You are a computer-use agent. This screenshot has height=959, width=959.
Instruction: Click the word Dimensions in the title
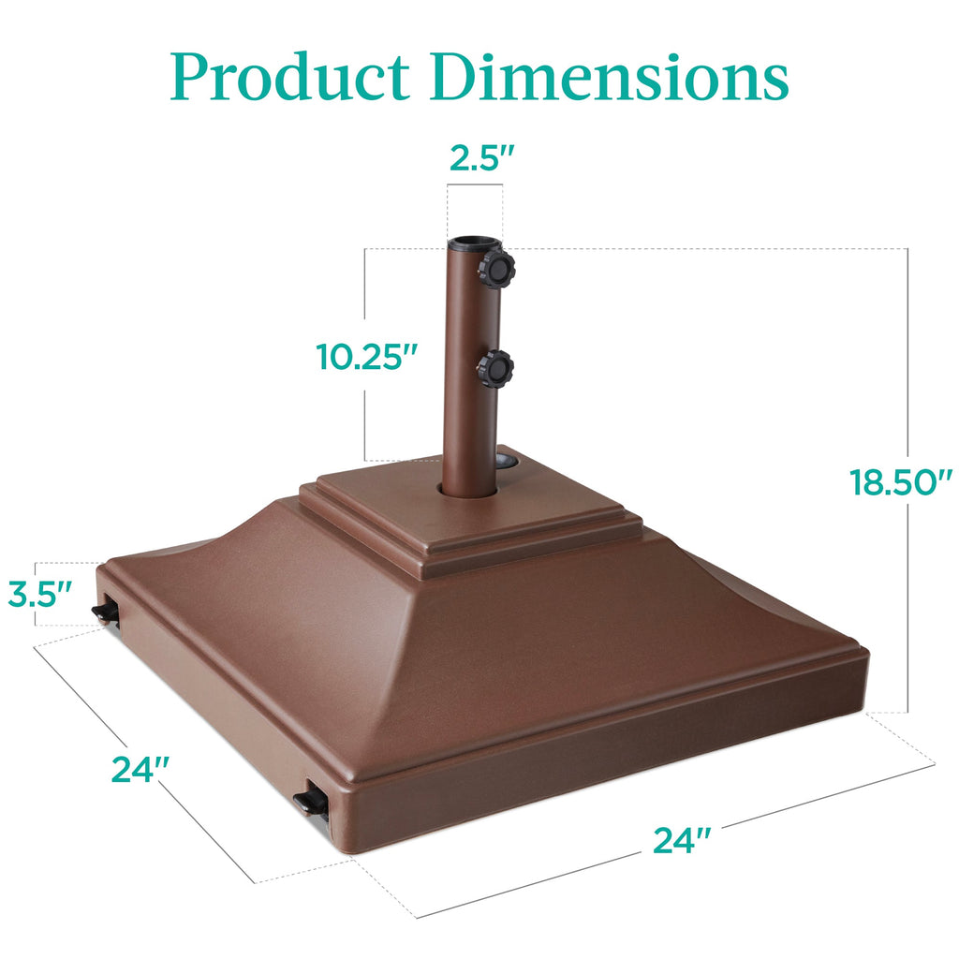point(613,79)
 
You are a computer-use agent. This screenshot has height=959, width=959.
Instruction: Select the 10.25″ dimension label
point(366,358)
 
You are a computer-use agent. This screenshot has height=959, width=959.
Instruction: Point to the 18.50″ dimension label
point(900,483)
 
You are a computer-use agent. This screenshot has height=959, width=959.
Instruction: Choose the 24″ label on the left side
point(140,768)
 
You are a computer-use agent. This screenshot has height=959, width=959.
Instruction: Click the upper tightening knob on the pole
point(495,269)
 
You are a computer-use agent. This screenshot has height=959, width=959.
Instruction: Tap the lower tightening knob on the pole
point(494,368)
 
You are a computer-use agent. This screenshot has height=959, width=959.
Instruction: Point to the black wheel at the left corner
point(105,612)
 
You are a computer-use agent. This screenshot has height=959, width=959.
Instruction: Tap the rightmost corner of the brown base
point(863,656)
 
